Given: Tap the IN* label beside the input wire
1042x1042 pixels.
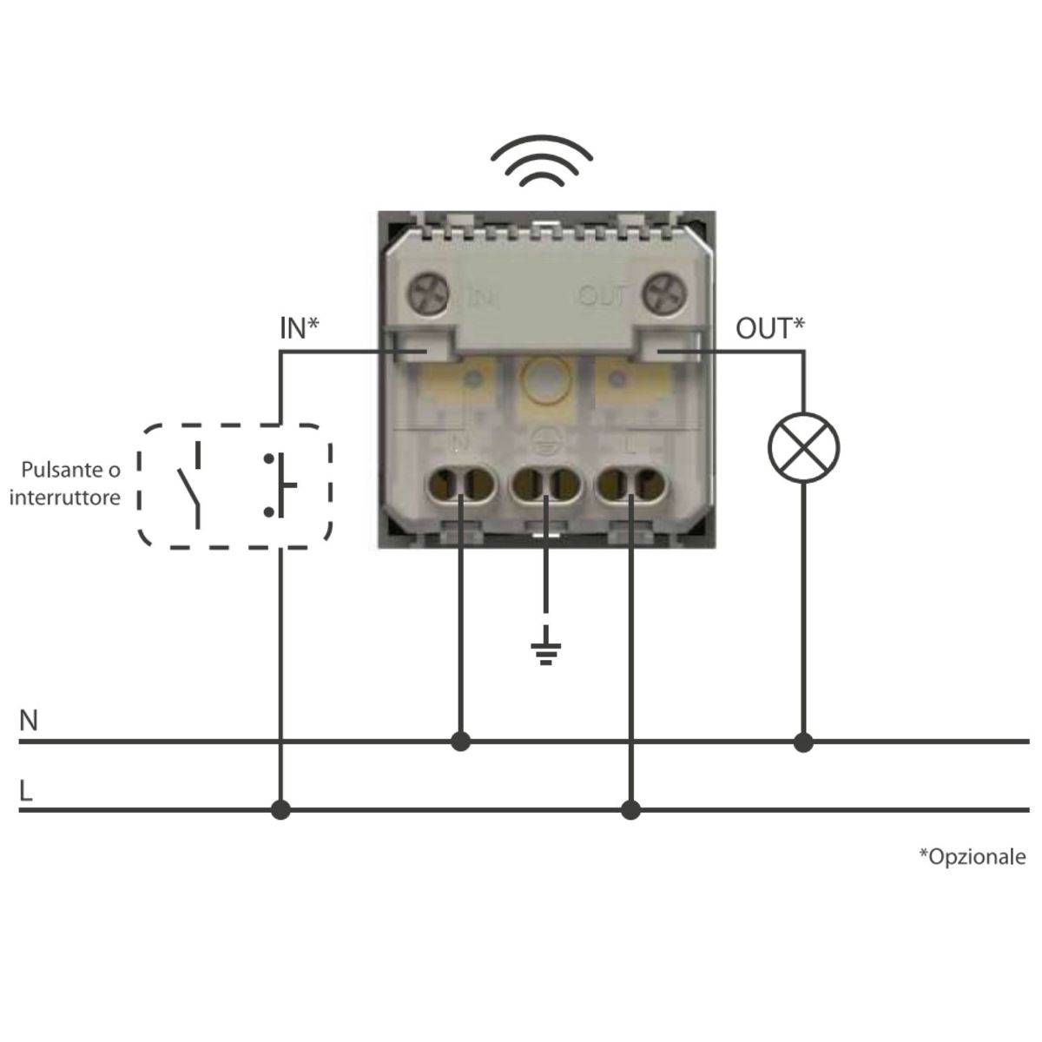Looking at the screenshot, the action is coord(300,328).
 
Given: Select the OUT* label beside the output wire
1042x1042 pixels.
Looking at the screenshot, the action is coord(770,328).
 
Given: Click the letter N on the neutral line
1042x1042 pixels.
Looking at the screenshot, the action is coord(29,720).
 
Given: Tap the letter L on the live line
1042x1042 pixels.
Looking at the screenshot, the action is coord(25,790).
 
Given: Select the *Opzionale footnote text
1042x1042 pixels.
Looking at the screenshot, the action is coord(973,857).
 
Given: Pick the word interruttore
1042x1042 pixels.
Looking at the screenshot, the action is coord(65,498).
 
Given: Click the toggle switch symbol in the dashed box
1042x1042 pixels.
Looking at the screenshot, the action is coord(190,485).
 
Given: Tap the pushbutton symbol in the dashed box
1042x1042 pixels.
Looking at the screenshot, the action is coord(280,485).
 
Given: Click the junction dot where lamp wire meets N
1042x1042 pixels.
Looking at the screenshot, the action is coord(803,742).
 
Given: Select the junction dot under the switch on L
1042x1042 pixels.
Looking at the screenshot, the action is coord(280,810).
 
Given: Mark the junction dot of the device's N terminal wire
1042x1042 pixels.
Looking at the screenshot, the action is coord(460,742).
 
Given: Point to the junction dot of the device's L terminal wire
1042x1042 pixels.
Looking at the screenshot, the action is coord(630,810).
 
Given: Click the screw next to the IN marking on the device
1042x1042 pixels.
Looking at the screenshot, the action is coord(429,295).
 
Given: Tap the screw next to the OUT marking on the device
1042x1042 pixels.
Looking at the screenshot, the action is coord(664,295).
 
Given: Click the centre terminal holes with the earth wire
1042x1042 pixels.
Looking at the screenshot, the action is coord(546,483).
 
